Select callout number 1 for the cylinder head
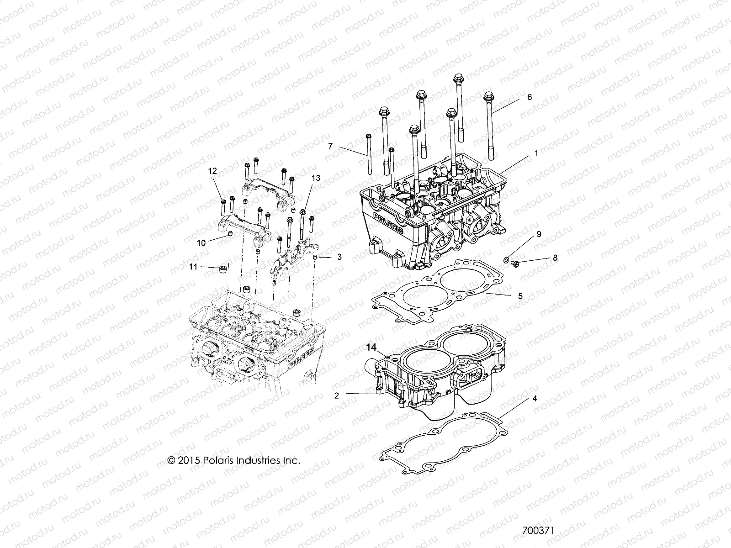click(536, 154)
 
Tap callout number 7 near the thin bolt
click(330, 147)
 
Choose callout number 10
click(201, 243)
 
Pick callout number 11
click(193, 266)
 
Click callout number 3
click(339, 257)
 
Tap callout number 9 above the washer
click(539, 234)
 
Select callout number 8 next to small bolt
click(555, 258)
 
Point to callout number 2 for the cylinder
click(337, 395)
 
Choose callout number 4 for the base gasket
click(535, 399)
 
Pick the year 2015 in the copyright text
click(188, 460)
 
